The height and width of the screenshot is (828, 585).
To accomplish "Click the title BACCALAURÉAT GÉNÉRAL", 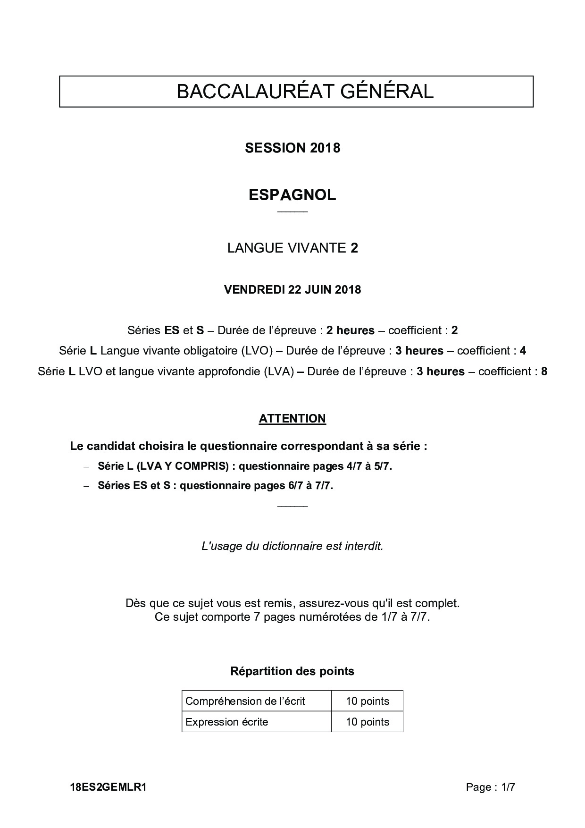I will click(x=305, y=92).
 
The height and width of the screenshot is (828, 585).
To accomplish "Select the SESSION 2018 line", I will click(x=292, y=148).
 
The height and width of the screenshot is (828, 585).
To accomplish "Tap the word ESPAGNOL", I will click(x=292, y=195).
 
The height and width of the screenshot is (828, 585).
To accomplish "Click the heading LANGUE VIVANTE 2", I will click(x=292, y=248).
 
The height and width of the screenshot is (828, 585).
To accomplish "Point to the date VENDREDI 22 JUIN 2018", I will click(x=292, y=289).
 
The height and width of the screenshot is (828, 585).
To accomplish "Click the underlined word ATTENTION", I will click(x=292, y=419).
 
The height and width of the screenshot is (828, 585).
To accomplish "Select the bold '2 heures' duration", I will click(x=350, y=330).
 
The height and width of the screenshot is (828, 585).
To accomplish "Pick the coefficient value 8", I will click(x=544, y=372).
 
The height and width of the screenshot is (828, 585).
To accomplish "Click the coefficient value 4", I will click(x=523, y=351).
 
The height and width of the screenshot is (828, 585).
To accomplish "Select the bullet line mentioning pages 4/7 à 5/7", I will click(x=245, y=466).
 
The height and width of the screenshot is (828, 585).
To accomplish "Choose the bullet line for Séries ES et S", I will click(x=215, y=486).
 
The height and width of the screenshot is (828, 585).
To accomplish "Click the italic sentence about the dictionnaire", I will click(x=292, y=546).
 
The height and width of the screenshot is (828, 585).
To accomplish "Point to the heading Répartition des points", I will click(x=292, y=671).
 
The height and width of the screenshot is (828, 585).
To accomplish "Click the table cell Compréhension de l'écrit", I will click(x=245, y=701).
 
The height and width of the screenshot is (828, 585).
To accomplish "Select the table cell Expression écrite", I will click(x=227, y=722).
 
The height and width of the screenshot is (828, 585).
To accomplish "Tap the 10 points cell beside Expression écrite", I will click(x=368, y=722).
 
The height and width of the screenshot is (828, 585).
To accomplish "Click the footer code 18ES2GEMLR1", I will click(x=108, y=787).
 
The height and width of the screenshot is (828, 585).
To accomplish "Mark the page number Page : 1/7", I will click(x=491, y=787).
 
